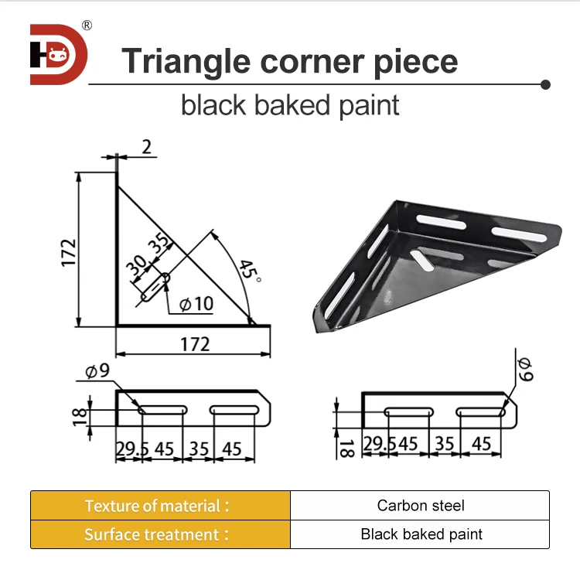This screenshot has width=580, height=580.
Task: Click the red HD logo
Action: [59, 54]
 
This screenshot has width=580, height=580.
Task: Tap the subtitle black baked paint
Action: [290, 104]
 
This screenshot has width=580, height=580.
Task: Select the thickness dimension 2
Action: [146, 147]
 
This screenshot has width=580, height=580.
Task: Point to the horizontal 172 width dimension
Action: [195, 343]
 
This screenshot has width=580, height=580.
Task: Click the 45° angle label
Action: [247, 271]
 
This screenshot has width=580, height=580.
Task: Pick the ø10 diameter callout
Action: [196, 304]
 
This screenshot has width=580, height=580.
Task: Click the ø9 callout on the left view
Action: [97, 372]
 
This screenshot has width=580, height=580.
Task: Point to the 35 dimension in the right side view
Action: [444, 443]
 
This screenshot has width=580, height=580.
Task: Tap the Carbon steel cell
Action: [421, 506]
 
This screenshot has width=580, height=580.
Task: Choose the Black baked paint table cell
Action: [421, 534]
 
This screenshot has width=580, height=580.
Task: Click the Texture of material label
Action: [157, 506]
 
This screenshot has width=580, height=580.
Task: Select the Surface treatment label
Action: [157, 534]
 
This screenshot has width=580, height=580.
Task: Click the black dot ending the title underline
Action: [546, 83]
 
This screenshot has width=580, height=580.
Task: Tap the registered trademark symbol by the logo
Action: [87, 26]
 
